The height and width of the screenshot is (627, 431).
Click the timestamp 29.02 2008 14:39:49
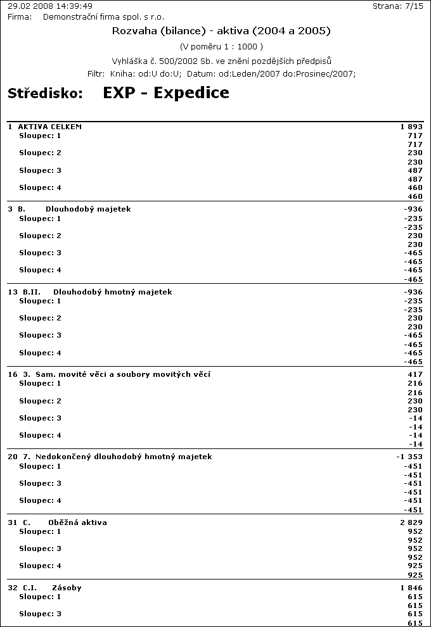click(x=50, y=6)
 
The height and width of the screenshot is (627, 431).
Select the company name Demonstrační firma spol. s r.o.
click(x=103, y=16)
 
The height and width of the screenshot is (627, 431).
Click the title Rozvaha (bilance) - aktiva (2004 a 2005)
click(x=221, y=30)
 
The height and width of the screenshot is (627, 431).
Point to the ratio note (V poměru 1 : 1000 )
click(x=221, y=46)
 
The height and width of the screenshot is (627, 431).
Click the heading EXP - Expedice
click(x=166, y=93)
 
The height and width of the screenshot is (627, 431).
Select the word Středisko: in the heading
click(x=46, y=94)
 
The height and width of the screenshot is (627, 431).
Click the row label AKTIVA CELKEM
click(x=50, y=127)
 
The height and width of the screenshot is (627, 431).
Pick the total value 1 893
click(x=411, y=127)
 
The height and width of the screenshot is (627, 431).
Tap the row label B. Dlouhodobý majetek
click(x=88, y=209)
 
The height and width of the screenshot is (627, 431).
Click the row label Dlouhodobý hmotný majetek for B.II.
click(x=113, y=292)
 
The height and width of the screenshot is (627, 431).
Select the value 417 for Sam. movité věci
click(x=415, y=374)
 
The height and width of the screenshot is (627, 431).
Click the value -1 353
click(x=409, y=457)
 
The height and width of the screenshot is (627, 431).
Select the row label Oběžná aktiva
click(x=77, y=522)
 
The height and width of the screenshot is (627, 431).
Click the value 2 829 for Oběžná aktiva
click(x=411, y=522)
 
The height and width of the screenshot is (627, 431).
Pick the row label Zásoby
click(x=67, y=588)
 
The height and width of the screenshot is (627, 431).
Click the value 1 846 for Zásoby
click(x=411, y=588)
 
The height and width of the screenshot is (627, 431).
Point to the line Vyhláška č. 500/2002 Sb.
click(x=222, y=61)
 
